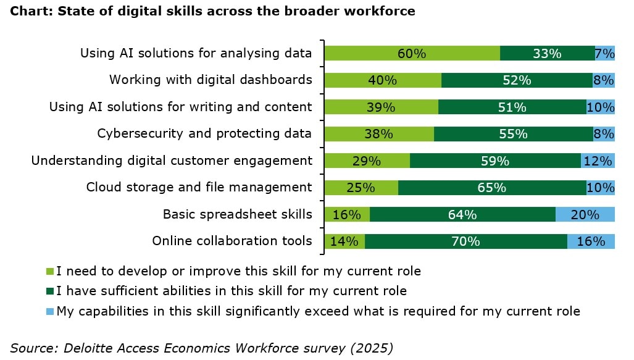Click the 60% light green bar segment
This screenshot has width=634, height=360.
pos(412,54)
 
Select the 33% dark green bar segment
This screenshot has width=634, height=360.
pos(547,54)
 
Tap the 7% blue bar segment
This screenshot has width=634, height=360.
pos(605,54)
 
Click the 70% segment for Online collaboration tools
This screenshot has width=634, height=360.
pos(465,241)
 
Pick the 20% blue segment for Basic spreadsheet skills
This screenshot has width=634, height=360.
pos(585,215)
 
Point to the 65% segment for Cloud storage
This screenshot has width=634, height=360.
pos(492,188)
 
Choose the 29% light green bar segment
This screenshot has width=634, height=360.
pos(367,161)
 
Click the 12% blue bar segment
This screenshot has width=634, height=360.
pos(598,161)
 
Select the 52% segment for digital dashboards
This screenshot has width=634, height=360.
pos(517,80)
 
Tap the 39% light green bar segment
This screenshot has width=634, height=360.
pos(381,107)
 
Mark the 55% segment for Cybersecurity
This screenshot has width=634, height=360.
pos(513,134)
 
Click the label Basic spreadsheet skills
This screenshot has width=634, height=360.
pos(237,214)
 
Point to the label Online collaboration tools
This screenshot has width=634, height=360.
pos(232,241)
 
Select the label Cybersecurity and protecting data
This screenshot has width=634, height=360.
pos(204,133)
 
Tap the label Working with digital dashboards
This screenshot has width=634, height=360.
pos(211,80)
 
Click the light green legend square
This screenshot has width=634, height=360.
pos(51,271)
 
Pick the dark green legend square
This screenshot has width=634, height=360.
pos(51,291)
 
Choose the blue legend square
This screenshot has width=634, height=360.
pos(51,311)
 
